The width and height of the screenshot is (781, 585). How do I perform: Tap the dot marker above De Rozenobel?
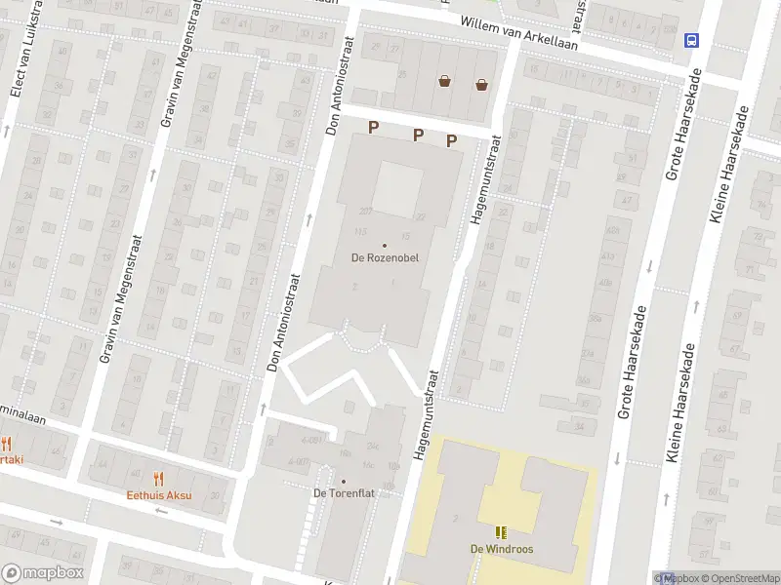coord(384,245)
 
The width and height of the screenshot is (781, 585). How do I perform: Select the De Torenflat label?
coord(344,493)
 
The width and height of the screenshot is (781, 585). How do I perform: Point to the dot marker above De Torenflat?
coord(344,480)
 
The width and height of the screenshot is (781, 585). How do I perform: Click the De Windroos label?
coord(501,548)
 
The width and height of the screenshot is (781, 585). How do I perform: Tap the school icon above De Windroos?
coord(501,532)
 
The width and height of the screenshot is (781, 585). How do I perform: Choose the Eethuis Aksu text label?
coord(159,494)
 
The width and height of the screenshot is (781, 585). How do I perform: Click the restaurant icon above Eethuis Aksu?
coord(159,478)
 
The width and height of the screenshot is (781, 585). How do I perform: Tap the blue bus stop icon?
coord(691,40)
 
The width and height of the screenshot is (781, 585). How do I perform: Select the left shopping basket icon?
coord(445,82)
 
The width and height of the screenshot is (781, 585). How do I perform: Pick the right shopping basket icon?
coord(481,84)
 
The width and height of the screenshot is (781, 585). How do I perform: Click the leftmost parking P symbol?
coord(373,127)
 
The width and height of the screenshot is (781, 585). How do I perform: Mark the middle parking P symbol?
coord(418,135)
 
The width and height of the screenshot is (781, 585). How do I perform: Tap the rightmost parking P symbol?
coord(451,140)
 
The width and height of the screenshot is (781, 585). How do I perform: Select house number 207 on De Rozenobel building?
coord(366,211)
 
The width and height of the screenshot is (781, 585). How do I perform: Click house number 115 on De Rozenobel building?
coord(359,230)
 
